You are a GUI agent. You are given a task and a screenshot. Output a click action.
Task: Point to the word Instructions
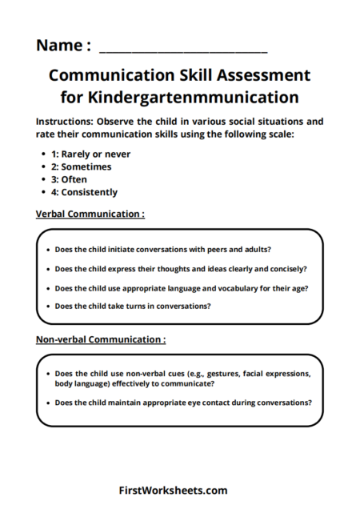coord(65,122)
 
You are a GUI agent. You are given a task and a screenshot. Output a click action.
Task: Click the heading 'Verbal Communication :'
coord(90,214)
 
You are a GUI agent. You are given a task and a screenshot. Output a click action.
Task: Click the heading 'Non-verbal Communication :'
coord(101,339)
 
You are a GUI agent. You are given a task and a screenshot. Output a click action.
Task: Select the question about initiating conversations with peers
coord(162,249)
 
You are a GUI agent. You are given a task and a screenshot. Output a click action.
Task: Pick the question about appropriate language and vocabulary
coord(182,287)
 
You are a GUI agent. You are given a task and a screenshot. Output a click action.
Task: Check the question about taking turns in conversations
coord(133,306)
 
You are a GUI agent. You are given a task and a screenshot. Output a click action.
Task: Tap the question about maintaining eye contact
coord(183,403)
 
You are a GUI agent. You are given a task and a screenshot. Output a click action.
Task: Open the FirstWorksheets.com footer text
coord(173,491)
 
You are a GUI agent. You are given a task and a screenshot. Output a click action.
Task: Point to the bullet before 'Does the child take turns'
coord(47,307)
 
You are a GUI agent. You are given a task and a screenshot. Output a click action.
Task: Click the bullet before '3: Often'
coord(42,180)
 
